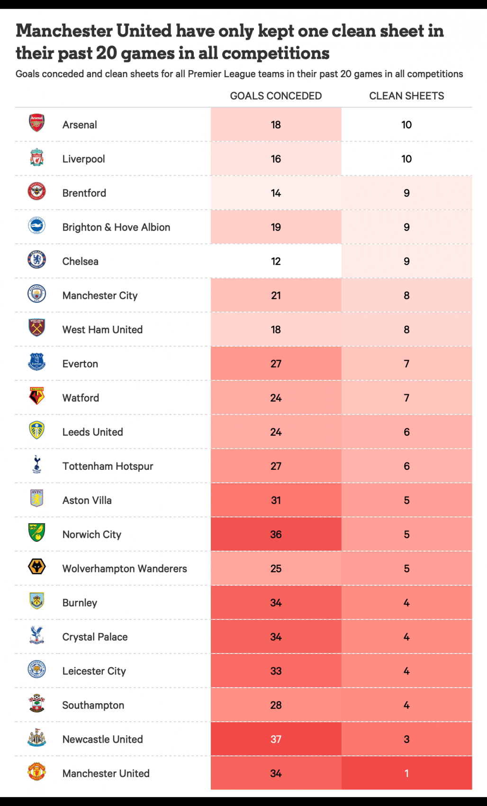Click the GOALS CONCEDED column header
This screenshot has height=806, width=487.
coord(276,96)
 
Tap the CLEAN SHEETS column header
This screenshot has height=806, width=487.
coord(406,96)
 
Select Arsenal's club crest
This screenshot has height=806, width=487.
coord(36,123)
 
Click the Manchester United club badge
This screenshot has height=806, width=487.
coord(36,771)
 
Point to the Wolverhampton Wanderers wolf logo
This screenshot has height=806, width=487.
coord(36,566)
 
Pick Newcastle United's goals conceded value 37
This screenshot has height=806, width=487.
coord(276,739)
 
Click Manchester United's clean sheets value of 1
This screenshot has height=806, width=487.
coord(406,773)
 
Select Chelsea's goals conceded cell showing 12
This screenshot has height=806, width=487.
coord(276,261)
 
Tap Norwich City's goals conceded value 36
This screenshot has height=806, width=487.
coord(276,535)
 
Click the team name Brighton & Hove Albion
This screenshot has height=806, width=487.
coord(116,227)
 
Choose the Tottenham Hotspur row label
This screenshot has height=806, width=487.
coord(108,466)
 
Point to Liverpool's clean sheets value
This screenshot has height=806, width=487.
coord(406,159)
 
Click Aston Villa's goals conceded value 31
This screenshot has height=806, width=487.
coord(276,501)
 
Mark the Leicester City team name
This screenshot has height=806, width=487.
coord(94,671)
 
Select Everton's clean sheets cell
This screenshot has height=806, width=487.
coord(406,364)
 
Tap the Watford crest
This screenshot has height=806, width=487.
coord(36,396)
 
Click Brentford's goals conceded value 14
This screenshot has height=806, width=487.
coord(276,193)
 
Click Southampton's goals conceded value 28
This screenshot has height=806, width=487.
coord(276,705)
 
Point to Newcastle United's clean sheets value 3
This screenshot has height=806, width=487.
coord(406,739)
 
